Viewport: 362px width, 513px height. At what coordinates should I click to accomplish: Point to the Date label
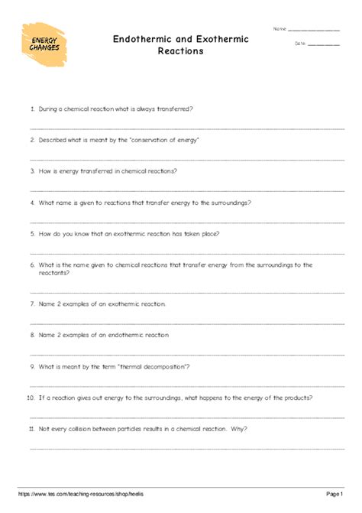pos(299,44)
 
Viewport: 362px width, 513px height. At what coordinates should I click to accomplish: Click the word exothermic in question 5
pos(132,234)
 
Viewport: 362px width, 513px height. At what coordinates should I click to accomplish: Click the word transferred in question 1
pos(175,109)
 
